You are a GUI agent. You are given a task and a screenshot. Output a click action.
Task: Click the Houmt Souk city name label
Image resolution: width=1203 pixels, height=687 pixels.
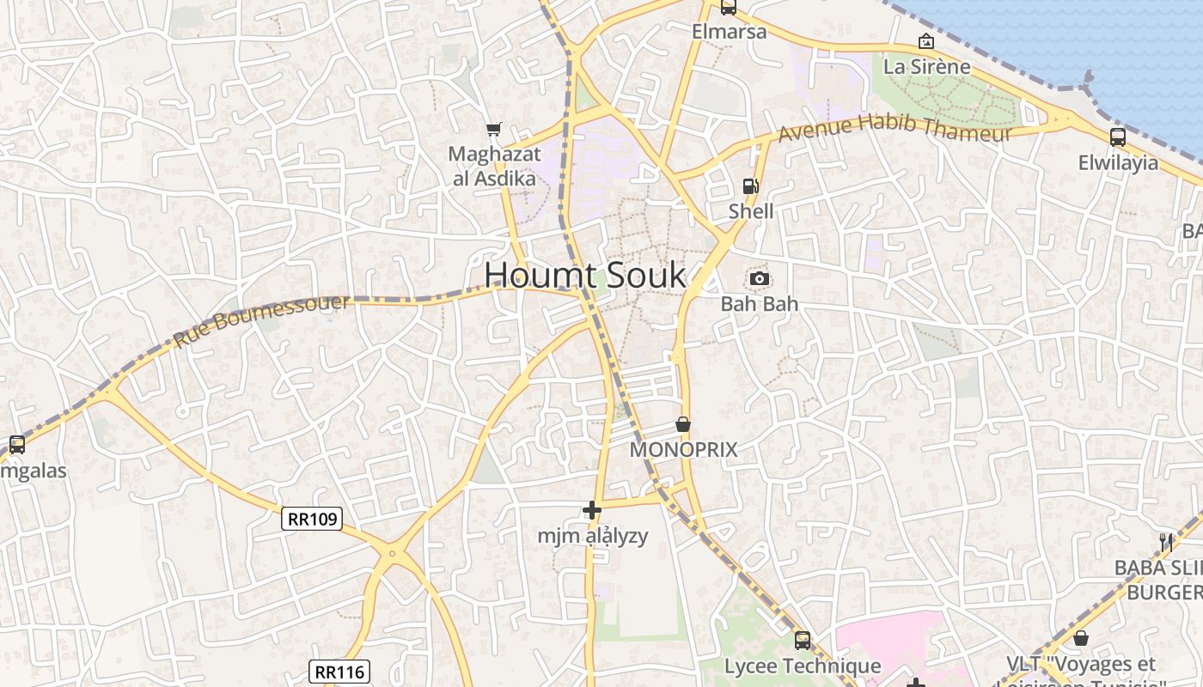click(x=585, y=276)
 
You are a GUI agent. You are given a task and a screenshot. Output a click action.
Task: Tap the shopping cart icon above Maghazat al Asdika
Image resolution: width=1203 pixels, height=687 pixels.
click(x=493, y=130)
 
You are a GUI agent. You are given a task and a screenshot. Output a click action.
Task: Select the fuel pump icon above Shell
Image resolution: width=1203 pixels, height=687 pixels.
click(x=750, y=186)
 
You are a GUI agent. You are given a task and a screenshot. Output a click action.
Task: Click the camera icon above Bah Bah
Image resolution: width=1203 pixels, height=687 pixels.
click(x=759, y=278)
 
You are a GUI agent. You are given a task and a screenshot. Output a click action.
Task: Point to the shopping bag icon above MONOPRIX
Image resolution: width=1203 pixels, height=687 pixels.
click(x=683, y=424)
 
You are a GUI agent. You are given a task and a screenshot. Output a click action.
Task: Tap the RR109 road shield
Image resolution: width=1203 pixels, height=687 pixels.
click(x=313, y=519)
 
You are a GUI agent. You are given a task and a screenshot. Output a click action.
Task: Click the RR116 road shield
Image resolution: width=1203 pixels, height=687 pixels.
click(x=339, y=672)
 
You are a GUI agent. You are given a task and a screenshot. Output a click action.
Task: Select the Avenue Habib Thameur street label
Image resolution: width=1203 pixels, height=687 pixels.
click(x=895, y=129)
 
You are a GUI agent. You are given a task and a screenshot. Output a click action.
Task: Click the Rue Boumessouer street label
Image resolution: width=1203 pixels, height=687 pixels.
click(x=262, y=320)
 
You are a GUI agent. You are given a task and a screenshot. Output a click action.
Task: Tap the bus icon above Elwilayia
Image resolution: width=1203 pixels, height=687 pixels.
click(x=1118, y=137)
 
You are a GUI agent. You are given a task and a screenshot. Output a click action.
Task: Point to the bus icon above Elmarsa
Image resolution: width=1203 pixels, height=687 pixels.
click(x=729, y=8)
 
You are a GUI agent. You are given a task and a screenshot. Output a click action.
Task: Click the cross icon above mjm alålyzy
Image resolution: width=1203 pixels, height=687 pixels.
click(x=592, y=511)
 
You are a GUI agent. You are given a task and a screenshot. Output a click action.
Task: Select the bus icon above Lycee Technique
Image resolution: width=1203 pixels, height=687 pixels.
click(x=803, y=640)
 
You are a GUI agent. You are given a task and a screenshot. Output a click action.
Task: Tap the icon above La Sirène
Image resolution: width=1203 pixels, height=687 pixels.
click(x=926, y=41)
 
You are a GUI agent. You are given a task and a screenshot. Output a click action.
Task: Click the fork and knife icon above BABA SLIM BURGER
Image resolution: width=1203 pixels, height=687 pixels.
click(x=1166, y=542)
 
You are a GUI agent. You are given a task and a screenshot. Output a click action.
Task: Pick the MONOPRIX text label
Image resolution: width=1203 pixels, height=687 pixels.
click(x=684, y=450)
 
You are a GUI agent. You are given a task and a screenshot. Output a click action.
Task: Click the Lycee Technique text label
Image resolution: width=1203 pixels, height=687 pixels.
click(x=803, y=666)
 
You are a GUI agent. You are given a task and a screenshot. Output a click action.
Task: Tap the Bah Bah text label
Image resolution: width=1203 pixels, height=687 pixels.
click(x=759, y=304)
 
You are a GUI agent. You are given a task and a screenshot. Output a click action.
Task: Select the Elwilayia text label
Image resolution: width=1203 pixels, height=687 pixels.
click(x=1118, y=163)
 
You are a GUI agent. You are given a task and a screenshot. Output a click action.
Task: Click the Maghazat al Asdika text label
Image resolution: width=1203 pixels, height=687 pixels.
click(x=495, y=167)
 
